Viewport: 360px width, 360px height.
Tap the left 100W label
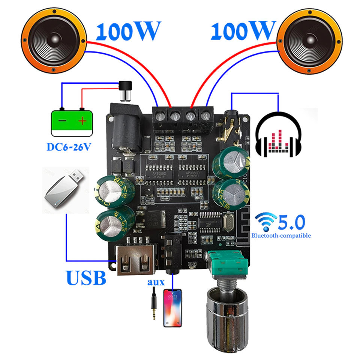pos(128,31)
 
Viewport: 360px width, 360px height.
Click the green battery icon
pos(72,122)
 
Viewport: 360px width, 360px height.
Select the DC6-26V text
pos(69,146)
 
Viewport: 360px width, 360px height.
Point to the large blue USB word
pos(86,277)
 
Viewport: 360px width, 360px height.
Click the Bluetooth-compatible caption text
pos(281,235)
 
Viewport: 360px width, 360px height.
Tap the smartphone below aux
pos(172,307)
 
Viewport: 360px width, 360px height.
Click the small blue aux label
pos(154,281)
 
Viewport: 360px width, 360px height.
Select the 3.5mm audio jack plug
pos(153,303)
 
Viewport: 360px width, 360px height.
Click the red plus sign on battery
pos(82,121)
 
